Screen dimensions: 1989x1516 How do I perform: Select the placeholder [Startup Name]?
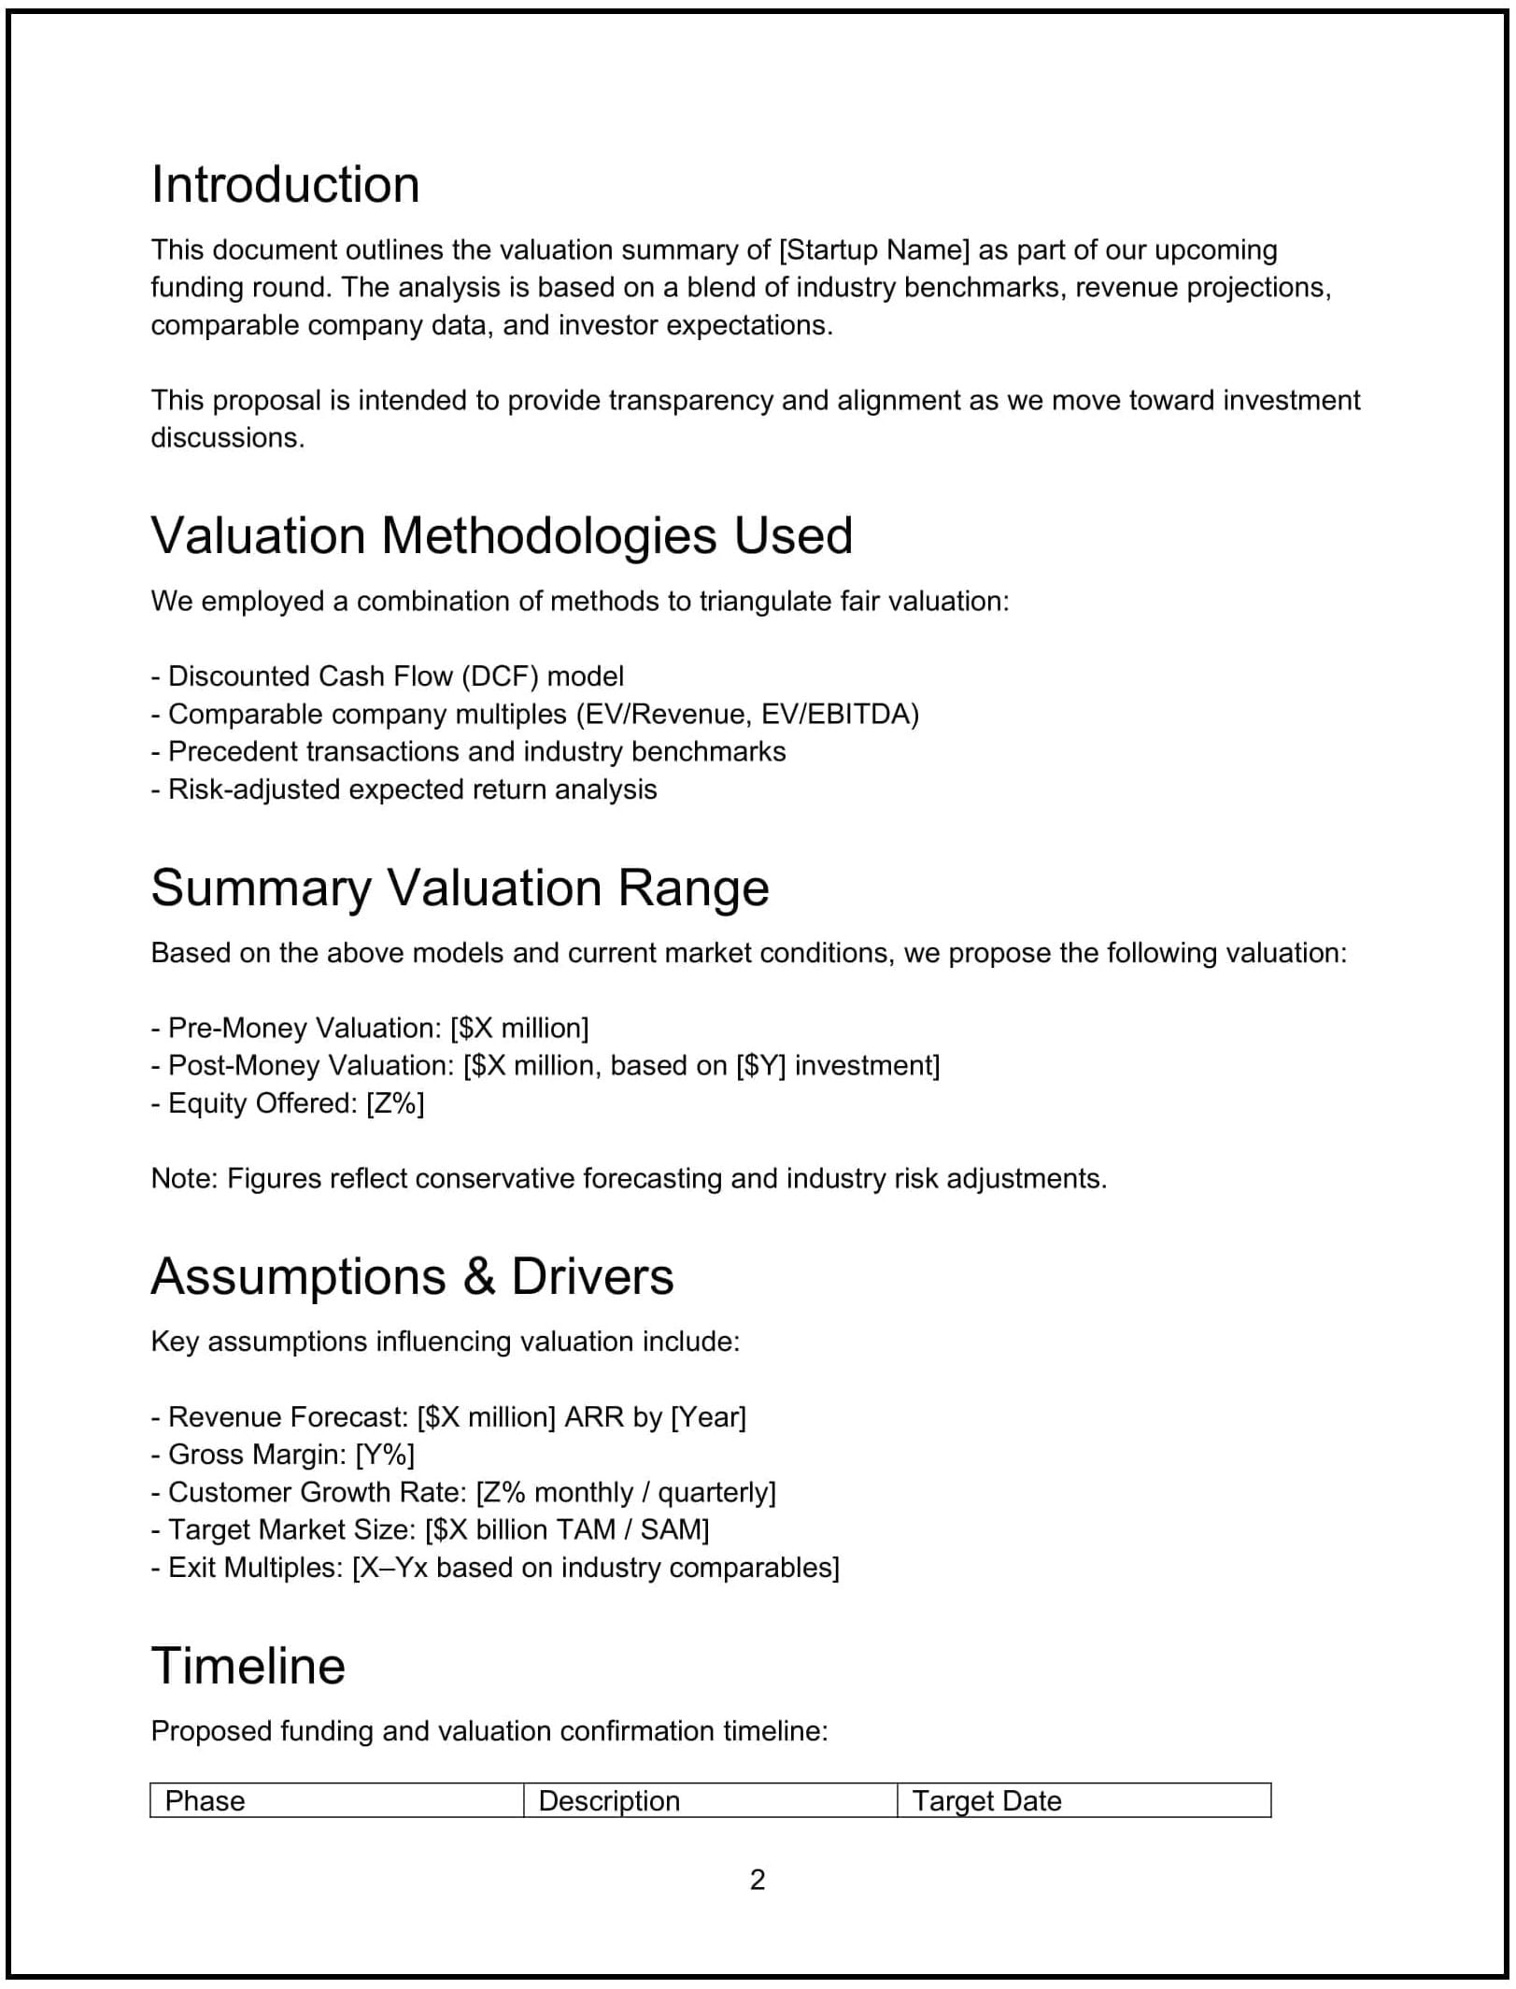click(874, 250)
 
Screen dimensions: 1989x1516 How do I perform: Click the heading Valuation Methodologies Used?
click(502, 535)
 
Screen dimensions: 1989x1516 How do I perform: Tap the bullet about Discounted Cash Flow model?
click(388, 676)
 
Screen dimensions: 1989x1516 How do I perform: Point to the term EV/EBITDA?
click(840, 714)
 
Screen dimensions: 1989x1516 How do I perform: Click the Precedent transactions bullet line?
click(469, 751)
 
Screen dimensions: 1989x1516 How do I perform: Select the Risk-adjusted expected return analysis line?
click(404, 789)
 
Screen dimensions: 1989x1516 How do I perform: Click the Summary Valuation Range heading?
click(460, 887)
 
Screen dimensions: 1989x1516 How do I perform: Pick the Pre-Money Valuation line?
click(370, 1028)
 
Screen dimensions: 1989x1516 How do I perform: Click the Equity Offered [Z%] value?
click(395, 1103)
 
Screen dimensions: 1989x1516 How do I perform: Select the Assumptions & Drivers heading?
click(412, 1276)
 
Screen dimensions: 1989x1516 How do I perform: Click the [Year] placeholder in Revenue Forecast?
click(709, 1417)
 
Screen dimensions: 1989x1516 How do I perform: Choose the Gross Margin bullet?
click(283, 1455)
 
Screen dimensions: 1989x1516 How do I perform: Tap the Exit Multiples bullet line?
click(495, 1567)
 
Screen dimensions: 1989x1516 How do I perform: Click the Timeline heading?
click(248, 1666)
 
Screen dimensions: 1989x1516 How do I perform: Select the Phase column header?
click(205, 1800)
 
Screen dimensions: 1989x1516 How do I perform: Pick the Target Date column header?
click(986, 1800)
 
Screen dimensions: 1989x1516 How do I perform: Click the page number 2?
click(757, 1879)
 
